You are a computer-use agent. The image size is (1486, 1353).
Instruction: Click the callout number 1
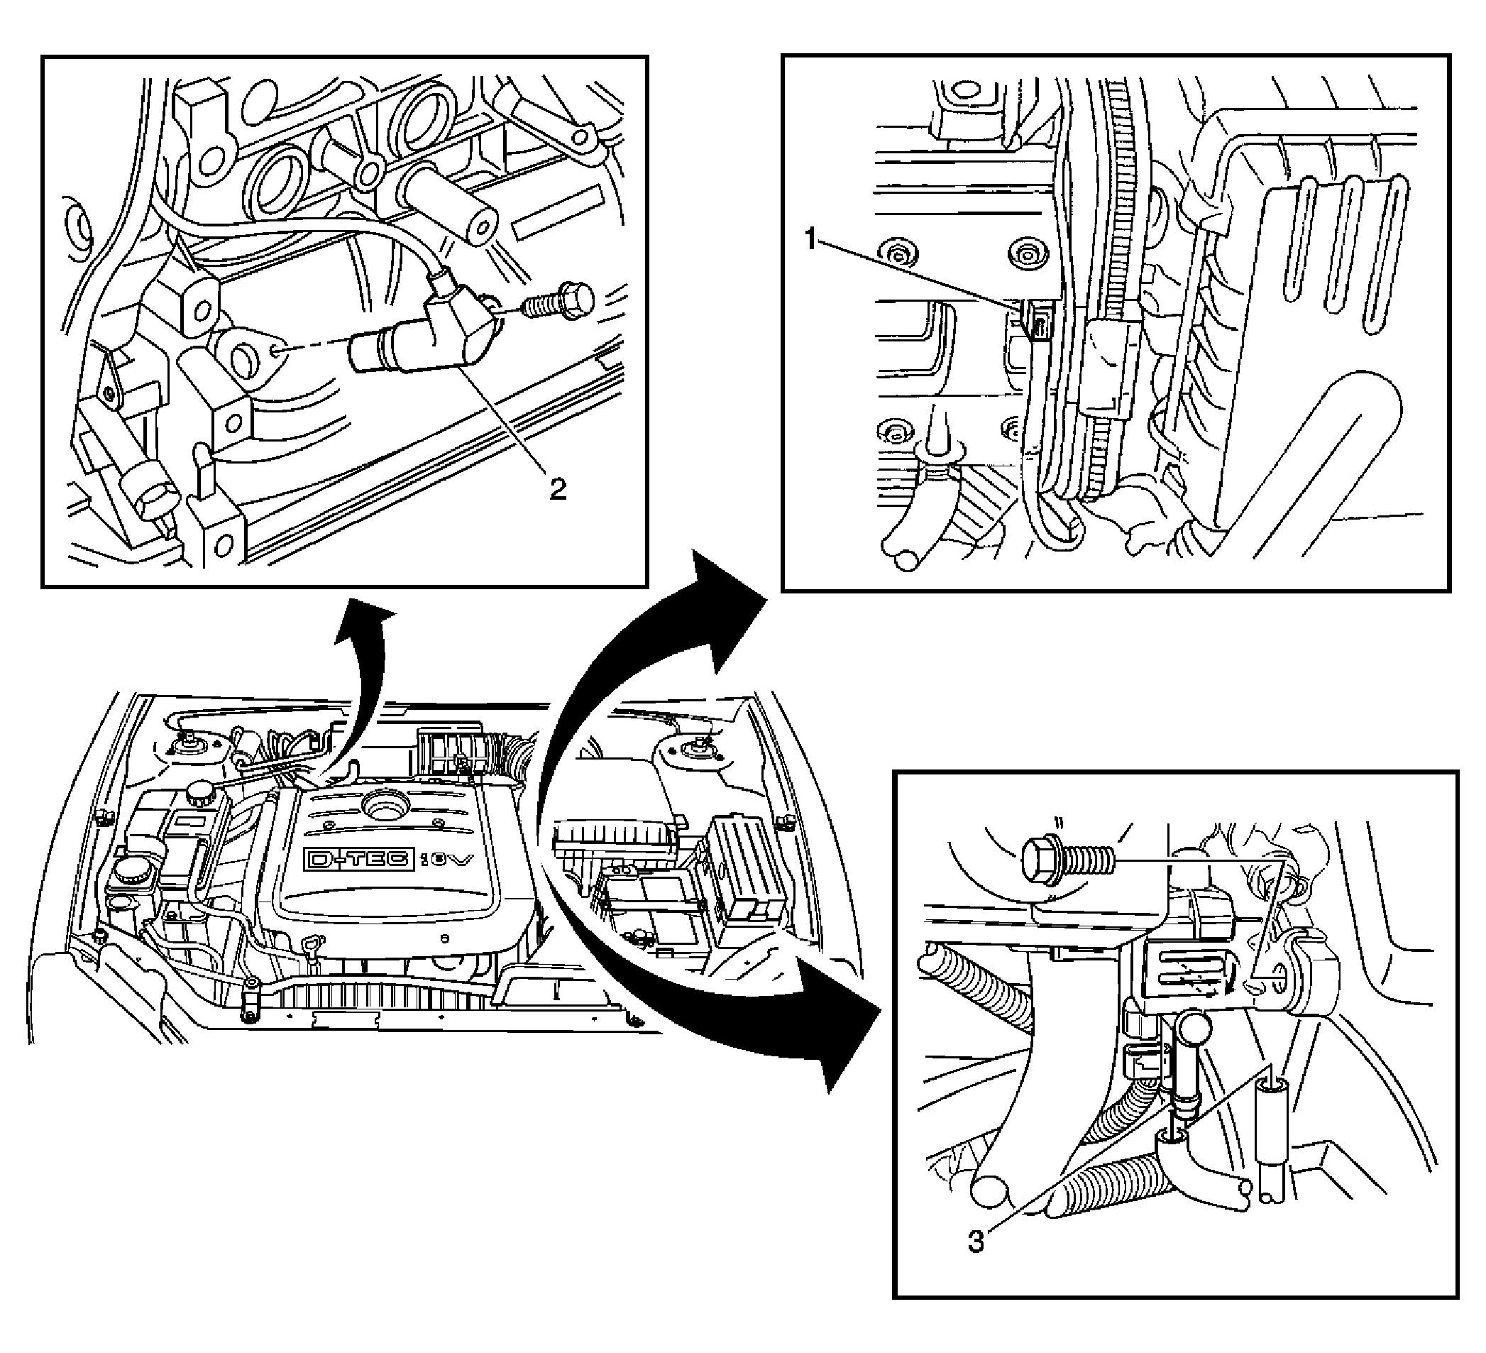click(x=811, y=240)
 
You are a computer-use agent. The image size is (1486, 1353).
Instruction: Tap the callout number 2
click(x=558, y=488)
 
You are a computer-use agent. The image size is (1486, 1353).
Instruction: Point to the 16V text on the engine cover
click(x=446, y=860)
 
